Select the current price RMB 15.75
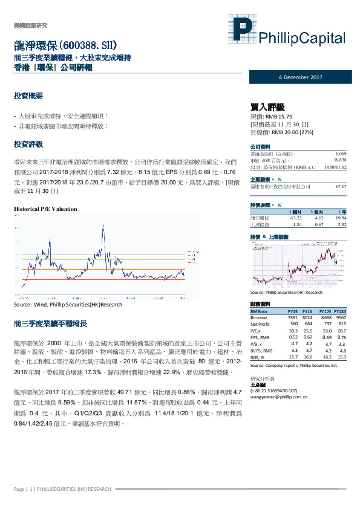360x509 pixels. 271,115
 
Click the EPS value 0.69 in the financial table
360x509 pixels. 327,337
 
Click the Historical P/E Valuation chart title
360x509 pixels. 45,209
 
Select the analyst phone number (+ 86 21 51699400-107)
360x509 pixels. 278,390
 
